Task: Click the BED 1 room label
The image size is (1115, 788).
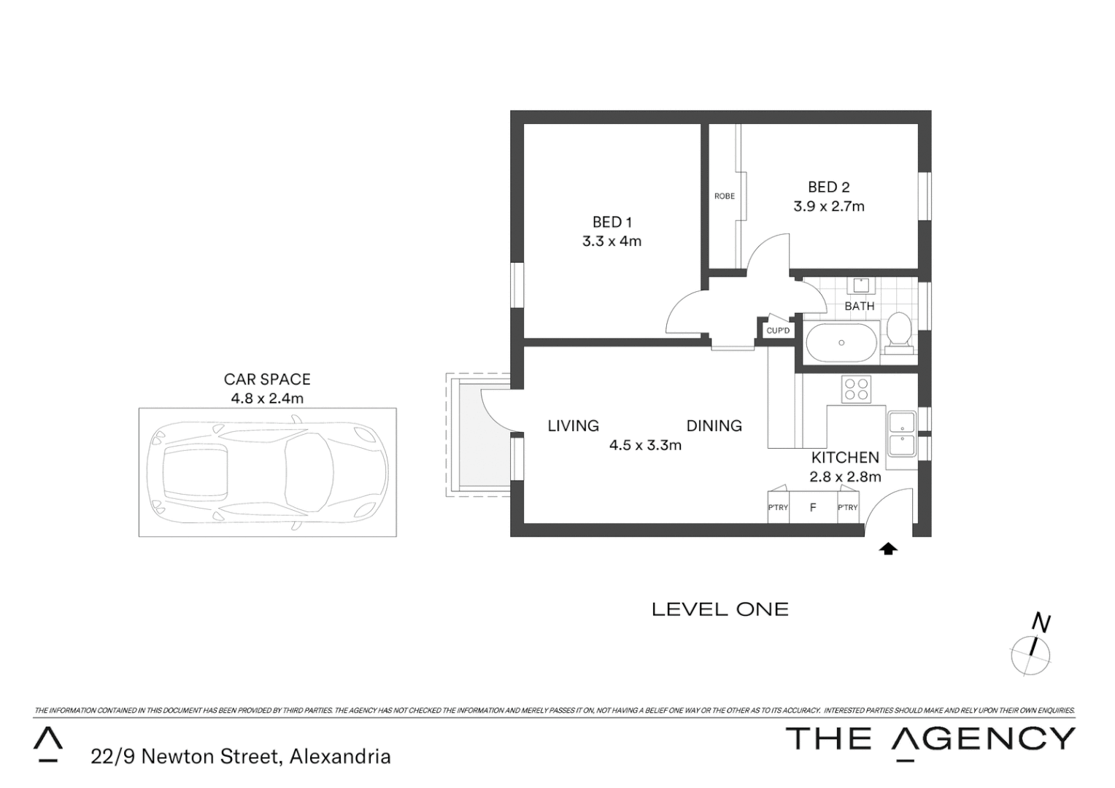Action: [611, 222]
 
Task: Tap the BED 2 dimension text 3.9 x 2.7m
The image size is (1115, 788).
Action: [829, 206]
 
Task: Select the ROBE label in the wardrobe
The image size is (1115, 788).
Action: [724, 196]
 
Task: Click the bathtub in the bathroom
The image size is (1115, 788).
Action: [841, 342]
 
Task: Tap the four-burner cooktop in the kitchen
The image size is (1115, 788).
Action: [855, 389]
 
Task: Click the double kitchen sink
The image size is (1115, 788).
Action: [902, 433]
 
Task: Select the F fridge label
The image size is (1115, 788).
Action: [812, 508]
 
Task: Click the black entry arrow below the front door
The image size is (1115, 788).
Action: [888, 549]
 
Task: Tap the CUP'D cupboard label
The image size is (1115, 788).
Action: [778, 331]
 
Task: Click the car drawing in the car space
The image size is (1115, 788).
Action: [267, 473]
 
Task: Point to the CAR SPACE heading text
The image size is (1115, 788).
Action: [267, 379]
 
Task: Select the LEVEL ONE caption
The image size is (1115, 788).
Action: [719, 609]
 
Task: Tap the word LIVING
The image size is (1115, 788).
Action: [573, 425]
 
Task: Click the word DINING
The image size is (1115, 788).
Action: [714, 425]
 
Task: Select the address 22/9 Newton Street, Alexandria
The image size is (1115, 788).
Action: [241, 757]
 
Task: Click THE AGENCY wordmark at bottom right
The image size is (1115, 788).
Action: [930, 738]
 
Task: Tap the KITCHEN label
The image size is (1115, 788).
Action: [845, 457]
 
